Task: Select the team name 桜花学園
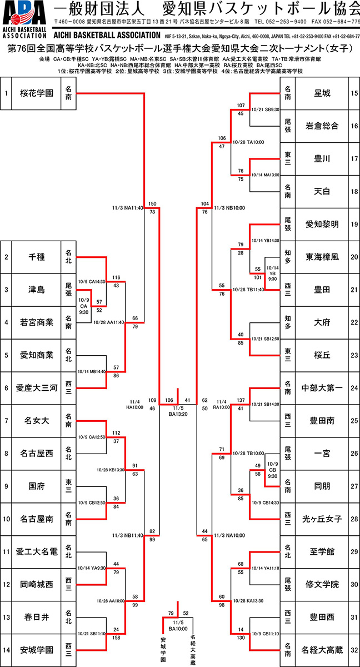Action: [x=33, y=93]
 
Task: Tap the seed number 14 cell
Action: [x=6, y=650]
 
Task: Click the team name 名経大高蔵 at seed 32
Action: [x=323, y=650]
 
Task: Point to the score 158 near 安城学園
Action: [x=117, y=638]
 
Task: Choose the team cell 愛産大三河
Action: [x=33, y=388]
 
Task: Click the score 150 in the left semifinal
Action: [x=152, y=203]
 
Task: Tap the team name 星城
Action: [x=323, y=93]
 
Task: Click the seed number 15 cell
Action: [x=354, y=93]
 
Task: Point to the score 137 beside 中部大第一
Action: [x=241, y=400]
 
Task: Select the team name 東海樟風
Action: [x=323, y=257]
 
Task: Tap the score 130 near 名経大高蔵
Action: [x=241, y=638]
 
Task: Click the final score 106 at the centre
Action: [x=169, y=400]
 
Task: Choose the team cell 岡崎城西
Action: [x=33, y=584]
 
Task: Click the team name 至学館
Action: [x=323, y=552]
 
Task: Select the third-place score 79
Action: [x=171, y=613]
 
